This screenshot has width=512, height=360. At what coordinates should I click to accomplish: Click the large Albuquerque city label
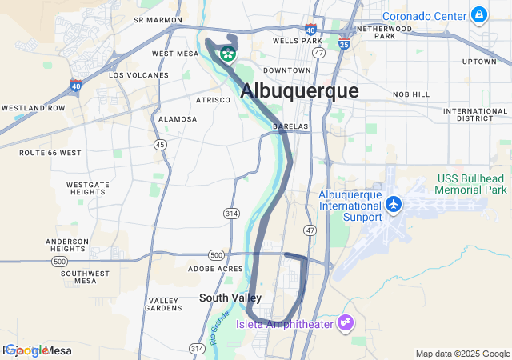[x=299, y=90]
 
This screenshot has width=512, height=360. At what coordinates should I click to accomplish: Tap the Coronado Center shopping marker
[x=479, y=14]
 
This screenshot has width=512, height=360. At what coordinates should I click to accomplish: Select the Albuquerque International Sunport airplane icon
[x=393, y=204]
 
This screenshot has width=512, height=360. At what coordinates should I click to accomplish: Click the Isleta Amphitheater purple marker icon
[x=346, y=323]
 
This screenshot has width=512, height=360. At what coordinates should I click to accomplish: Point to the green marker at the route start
[x=228, y=54]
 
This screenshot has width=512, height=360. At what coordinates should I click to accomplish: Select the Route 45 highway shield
[x=162, y=144]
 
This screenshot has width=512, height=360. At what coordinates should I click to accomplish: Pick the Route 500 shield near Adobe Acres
[x=216, y=254]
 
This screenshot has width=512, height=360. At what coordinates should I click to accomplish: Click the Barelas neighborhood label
[x=290, y=126]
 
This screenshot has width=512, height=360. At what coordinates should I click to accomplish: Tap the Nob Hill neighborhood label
[x=411, y=94]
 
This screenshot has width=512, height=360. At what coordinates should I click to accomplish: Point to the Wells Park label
[x=297, y=40]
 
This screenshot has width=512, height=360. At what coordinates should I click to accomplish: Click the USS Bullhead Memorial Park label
[x=471, y=184]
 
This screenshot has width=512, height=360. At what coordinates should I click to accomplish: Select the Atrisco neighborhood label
[x=214, y=100]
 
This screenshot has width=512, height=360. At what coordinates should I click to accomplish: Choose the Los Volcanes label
[x=139, y=75]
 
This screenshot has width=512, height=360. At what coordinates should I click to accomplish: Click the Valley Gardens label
[x=164, y=304]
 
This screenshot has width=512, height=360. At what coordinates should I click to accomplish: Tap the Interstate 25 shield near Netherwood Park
[x=344, y=44]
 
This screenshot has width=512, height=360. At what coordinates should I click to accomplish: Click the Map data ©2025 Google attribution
[x=462, y=354]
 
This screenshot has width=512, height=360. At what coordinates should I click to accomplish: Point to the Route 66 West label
[x=50, y=152]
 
